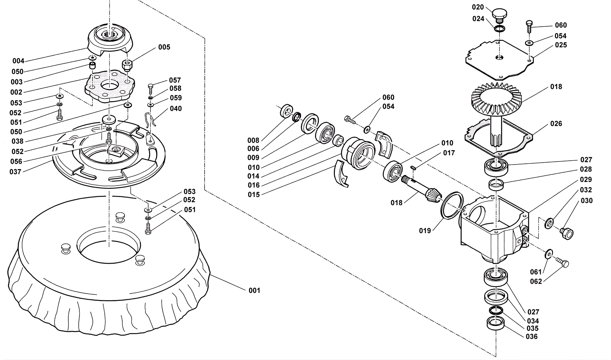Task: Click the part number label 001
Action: tap(254, 291)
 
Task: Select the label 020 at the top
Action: tap(478, 7)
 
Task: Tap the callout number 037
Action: tap(15, 172)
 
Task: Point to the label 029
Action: tap(586, 179)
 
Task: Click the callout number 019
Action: tap(425, 231)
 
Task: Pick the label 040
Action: tap(176, 108)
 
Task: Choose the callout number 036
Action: tap(532, 337)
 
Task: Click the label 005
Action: tap(164, 47)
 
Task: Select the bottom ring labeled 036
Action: tap(495, 324)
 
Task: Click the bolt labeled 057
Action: tap(151, 89)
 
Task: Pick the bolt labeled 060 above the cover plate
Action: tap(529, 26)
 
